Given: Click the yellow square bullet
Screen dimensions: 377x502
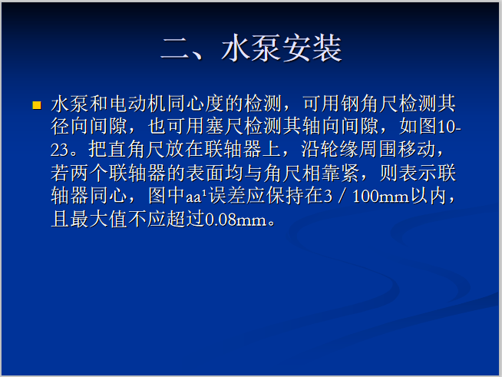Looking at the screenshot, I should (x=36, y=104).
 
